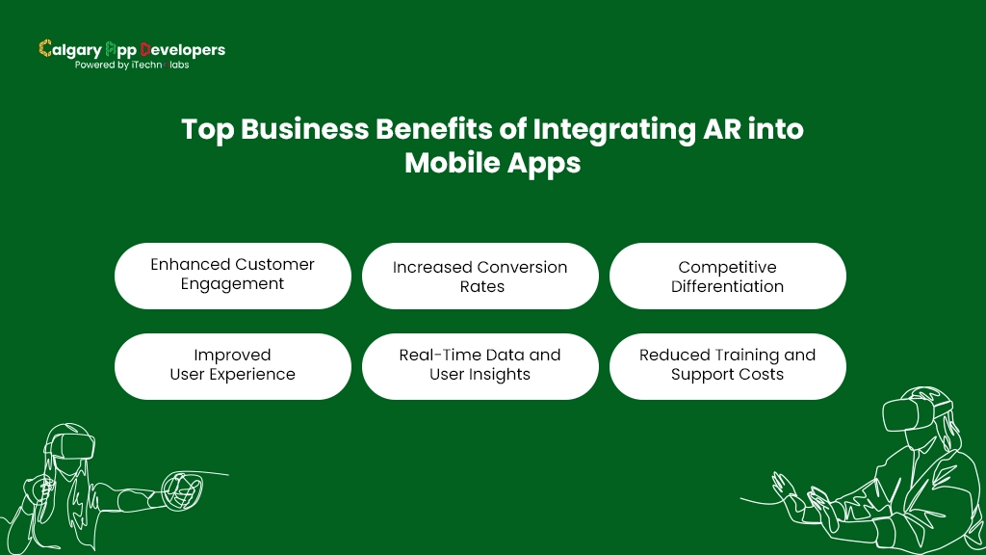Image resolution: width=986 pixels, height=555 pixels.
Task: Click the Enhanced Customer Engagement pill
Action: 232,275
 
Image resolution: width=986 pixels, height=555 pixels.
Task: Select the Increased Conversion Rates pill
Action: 480,277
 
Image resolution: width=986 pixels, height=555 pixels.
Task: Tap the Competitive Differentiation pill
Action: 727,277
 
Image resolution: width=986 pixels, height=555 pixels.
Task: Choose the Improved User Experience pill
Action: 232,365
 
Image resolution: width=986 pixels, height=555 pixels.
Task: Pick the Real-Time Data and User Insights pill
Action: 480,365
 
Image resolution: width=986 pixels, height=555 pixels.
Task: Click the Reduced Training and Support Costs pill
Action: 727,365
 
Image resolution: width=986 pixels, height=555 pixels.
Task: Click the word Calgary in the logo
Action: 67,49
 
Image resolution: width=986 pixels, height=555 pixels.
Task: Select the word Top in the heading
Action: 207,129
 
